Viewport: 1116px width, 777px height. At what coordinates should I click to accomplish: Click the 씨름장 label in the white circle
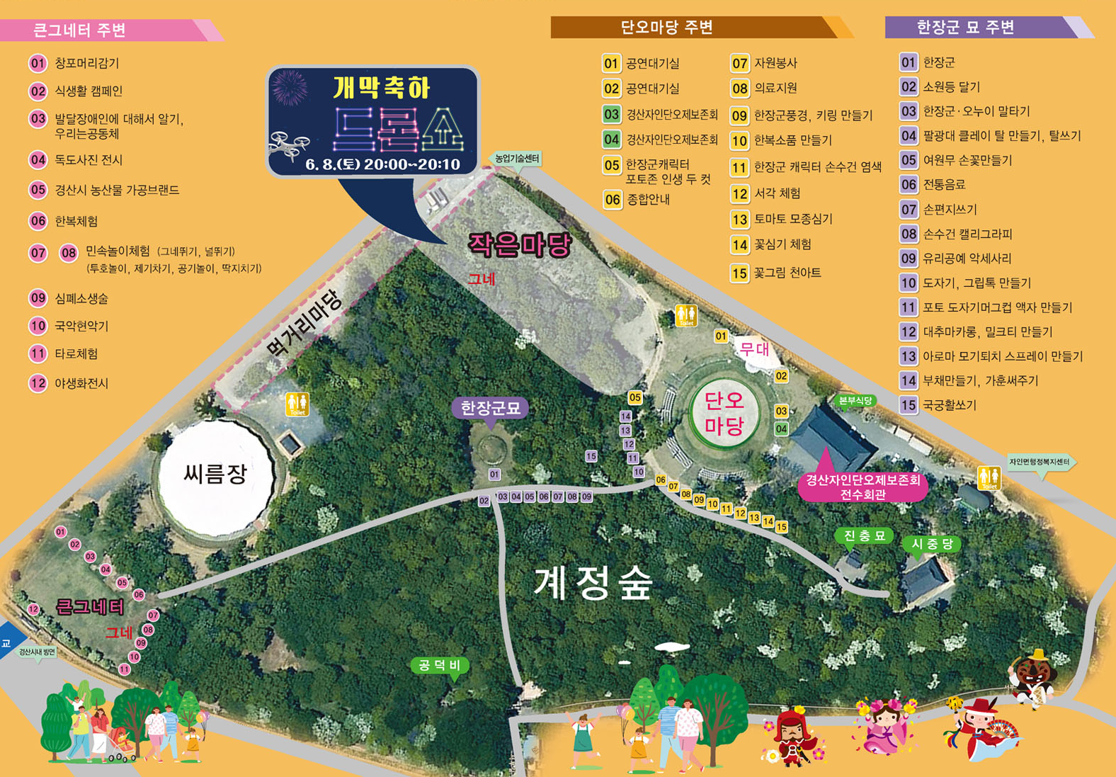tap(215, 473)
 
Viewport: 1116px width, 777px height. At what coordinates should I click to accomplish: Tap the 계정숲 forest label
tap(593, 584)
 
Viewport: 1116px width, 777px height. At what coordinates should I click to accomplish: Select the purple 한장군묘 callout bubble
tap(490, 409)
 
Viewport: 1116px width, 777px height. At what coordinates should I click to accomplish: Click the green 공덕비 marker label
tap(439, 665)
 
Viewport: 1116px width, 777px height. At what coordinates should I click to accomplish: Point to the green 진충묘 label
tap(864, 536)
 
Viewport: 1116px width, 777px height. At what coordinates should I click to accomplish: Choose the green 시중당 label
tap(932, 544)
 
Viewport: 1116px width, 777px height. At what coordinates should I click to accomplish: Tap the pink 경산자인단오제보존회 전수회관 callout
tap(862, 486)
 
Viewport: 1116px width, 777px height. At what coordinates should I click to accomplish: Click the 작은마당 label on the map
tap(520, 245)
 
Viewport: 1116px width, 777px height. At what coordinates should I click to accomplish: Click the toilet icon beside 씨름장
tap(297, 404)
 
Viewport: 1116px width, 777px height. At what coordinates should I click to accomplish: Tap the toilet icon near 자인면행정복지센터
tap(989, 478)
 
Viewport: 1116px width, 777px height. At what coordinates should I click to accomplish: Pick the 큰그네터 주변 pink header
tap(79, 30)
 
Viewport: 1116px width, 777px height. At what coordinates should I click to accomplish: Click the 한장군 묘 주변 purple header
tap(966, 28)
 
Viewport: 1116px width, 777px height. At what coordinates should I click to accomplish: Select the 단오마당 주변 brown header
tap(666, 28)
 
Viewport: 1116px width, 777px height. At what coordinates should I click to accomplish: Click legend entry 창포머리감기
tap(86, 64)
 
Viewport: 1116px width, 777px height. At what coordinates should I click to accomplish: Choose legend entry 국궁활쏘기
tap(949, 405)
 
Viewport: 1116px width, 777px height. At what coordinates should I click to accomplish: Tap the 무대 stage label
tap(754, 348)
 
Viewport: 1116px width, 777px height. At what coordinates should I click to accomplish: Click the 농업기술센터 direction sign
tap(517, 159)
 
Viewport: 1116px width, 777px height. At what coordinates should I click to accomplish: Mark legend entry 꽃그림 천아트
tap(787, 273)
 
